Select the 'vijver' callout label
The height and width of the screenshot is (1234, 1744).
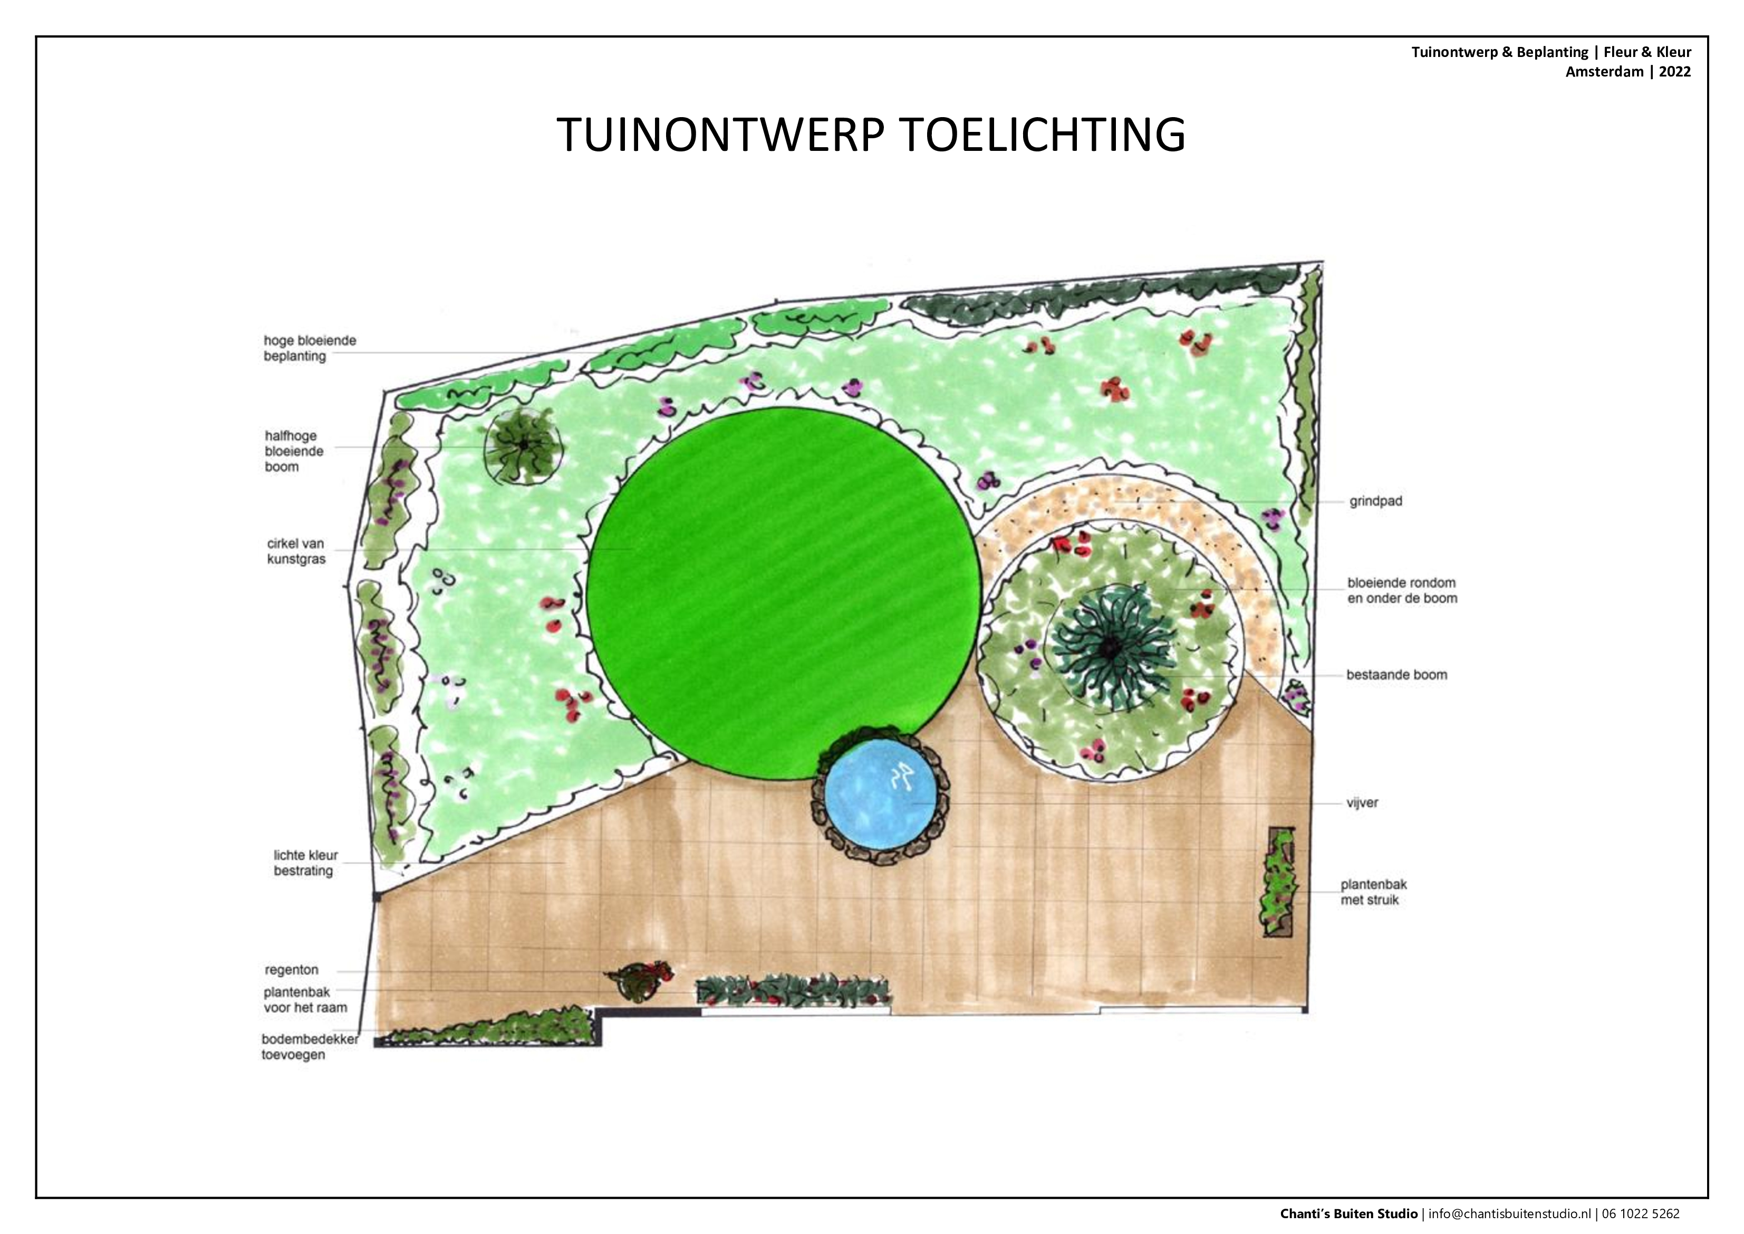[x=1362, y=802]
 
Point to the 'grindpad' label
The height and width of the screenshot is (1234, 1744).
[x=1375, y=502]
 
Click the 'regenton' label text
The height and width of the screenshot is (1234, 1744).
[x=292, y=970]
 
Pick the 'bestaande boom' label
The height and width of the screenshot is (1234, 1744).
[x=1397, y=675]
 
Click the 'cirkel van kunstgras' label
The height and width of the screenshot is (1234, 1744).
[x=296, y=552]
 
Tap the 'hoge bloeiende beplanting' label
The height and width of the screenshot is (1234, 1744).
[x=310, y=348]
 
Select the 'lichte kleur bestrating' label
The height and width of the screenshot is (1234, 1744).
[x=305, y=863]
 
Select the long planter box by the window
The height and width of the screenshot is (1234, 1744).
[x=793, y=991]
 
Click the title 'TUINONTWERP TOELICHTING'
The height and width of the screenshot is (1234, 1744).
[x=871, y=135]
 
